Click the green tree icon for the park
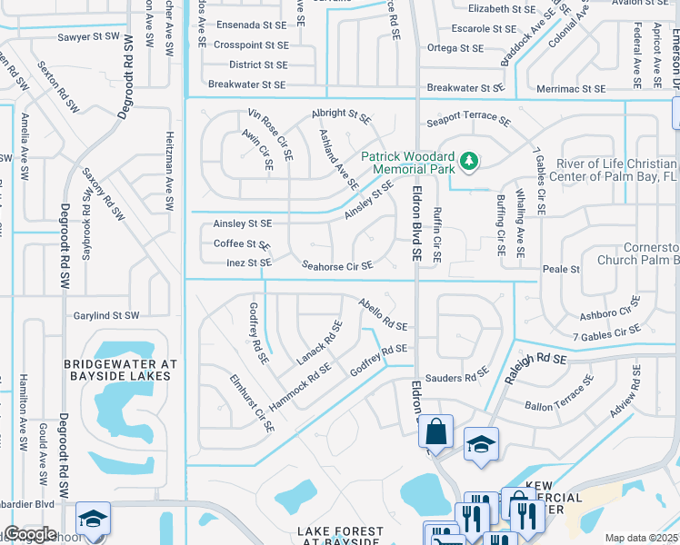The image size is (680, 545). point(468,162)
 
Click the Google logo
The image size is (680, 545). point(30,534)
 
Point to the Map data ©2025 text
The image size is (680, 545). point(640,538)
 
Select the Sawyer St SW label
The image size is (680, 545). point(87,36)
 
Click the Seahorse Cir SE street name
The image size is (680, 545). point(337,266)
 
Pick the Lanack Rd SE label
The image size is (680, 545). point(319,343)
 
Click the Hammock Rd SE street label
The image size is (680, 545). point(299,385)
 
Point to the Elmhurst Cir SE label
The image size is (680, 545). point(251,403)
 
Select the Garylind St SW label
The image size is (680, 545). point(106,315)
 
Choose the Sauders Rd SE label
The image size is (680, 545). point(457,377)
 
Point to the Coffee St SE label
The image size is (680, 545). point(241,243)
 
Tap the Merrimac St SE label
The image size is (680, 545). point(569,89)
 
